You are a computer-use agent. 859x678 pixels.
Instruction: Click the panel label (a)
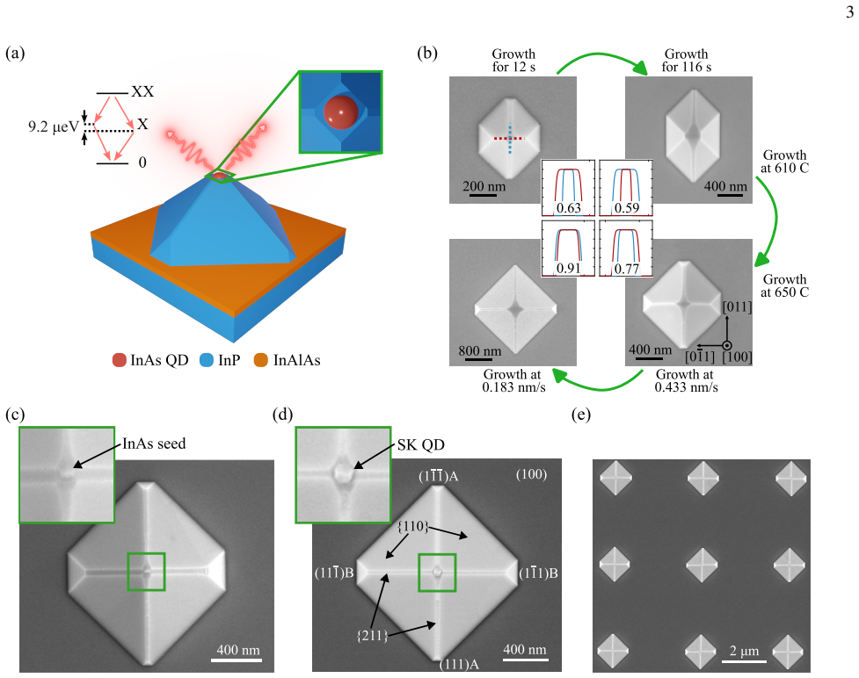click(15, 53)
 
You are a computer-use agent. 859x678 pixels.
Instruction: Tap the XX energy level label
click(142, 91)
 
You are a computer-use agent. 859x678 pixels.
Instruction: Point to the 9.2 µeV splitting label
click(54, 127)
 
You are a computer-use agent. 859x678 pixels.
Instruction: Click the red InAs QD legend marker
click(120, 360)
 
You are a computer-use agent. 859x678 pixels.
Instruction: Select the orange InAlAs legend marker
click(261, 360)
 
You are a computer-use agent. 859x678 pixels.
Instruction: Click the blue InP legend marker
click(207, 360)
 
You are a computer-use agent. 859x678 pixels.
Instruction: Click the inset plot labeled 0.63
click(568, 188)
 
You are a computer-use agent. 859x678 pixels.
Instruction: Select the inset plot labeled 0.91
click(568, 248)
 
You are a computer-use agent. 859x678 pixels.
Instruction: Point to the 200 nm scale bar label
click(484, 186)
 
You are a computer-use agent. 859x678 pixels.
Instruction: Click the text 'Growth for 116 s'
click(687, 61)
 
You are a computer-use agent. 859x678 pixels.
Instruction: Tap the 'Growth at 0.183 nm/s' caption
click(513, 381)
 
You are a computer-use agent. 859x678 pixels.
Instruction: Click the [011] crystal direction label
click(737, 307)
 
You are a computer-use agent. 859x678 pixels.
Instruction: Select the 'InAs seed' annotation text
click(154, 444)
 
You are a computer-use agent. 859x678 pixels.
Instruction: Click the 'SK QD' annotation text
click(421, 445)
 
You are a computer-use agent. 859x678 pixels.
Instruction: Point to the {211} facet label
click(372, 636)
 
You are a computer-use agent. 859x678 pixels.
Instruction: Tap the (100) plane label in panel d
click(531, 474)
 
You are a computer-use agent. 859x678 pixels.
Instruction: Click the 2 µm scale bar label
click(744, 651)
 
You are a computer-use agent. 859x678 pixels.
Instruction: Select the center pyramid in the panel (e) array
click(702, 565)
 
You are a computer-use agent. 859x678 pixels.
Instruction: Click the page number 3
click(849, 11)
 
